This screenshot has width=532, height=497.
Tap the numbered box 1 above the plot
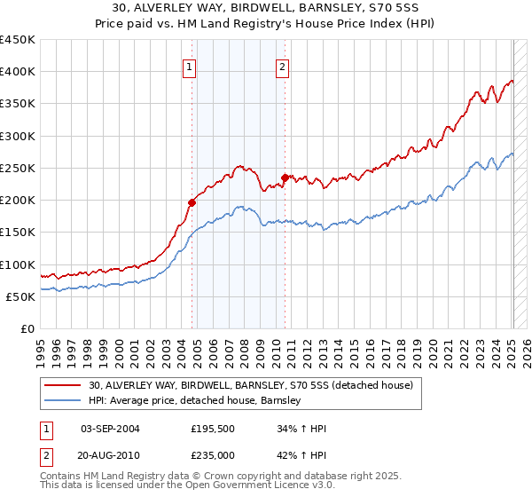click(190, 66)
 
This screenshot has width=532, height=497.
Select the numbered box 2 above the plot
click(283, 66)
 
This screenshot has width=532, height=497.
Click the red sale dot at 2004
click(192, 202)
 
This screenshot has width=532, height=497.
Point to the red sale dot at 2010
click(285, 177)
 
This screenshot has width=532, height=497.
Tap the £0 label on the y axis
click(27, 328)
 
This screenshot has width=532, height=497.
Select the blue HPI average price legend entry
click(195, 400)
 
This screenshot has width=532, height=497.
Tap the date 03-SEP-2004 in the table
click(110, 429)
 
